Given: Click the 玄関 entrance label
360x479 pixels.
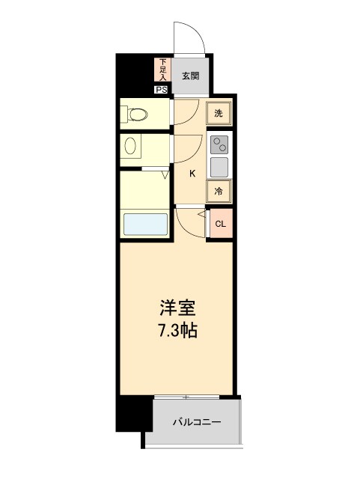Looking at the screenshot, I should coord(190,76).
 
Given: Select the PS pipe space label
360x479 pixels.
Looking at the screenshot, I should coord(162,90).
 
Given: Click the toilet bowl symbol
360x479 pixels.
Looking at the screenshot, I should coord(137,115).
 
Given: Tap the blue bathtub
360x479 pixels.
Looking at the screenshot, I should coord(144,225).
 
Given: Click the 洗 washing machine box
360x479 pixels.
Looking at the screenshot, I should coord(219,114).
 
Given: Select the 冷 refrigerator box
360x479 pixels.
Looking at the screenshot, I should coord(219,191).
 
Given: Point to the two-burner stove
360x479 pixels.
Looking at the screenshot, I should coord(219,144).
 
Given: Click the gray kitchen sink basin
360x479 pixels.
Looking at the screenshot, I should coord(219,165).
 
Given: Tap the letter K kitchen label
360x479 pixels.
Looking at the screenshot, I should coord(192,174).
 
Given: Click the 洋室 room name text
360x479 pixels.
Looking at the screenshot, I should coord(177,308).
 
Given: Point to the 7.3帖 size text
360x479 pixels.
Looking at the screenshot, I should coord(178,330).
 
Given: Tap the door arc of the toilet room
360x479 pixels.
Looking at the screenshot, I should coord(188,112).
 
